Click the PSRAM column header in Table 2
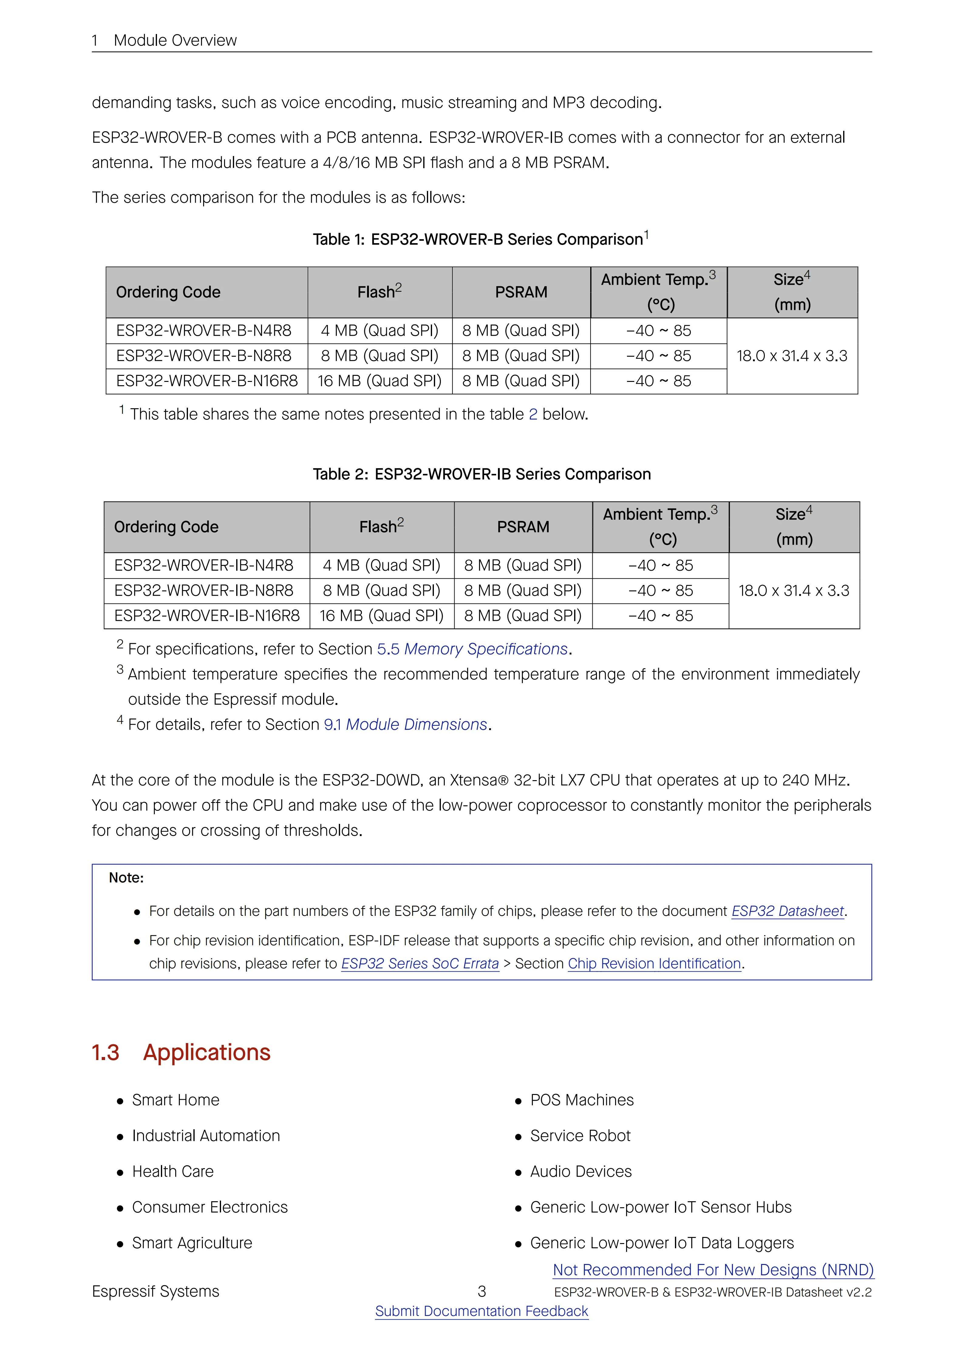pos(523,527)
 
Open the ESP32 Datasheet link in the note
pos(787,911)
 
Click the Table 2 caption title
pos(482,474)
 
